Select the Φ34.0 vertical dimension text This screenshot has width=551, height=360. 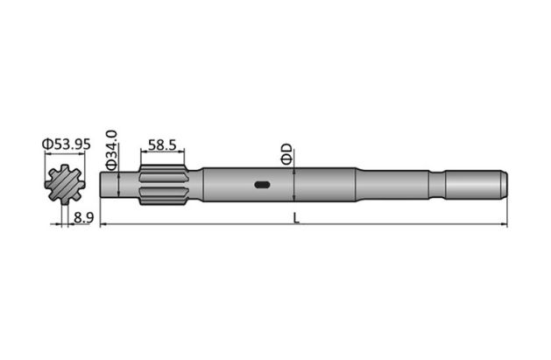tap(112, 149)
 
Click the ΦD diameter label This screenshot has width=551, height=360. tap(287, 154)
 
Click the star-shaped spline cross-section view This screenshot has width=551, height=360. tap(67, 185)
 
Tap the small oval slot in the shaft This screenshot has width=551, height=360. tap(261, 184)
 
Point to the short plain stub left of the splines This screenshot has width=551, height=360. tap(127, 185)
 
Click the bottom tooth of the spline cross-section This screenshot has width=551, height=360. tap(67, 203)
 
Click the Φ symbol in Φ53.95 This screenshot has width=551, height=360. tap(46, 144)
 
